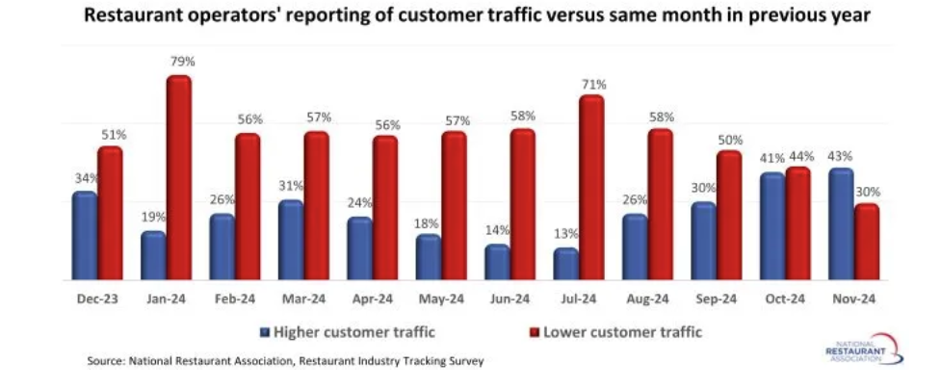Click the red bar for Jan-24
tap(178, 178)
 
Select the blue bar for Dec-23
tap(85, 236)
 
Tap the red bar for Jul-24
tap(591, 188)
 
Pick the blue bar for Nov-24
tap(840, 224)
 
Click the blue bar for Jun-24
tap(497, 262)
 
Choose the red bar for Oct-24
tap(797, 223)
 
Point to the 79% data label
tap(182, 62)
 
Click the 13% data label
tap(567, 233)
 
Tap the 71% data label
tap(594, 85)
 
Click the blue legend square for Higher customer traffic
tap(265, 333)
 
